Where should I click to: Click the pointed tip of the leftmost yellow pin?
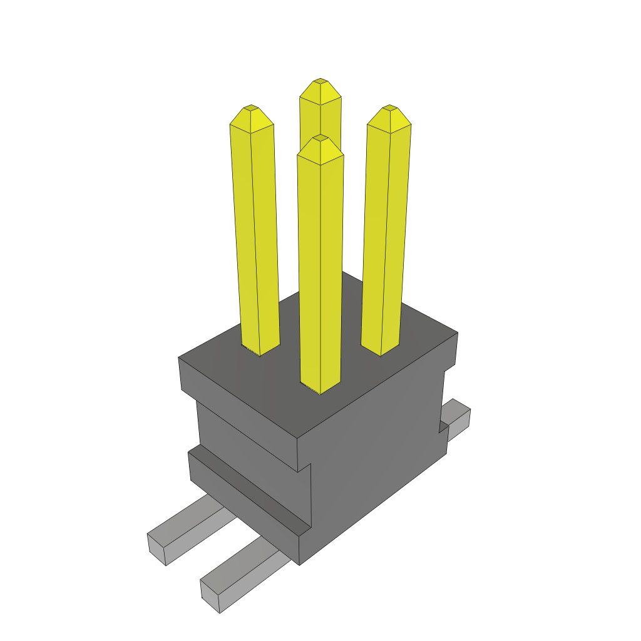click(251, 107)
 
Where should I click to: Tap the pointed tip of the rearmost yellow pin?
click(320, 81)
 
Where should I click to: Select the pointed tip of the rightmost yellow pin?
click(390, 107)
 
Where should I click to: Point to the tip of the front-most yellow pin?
click(320, 136)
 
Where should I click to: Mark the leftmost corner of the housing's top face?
click(179, 357)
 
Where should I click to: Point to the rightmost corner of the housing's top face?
click(458, 332)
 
